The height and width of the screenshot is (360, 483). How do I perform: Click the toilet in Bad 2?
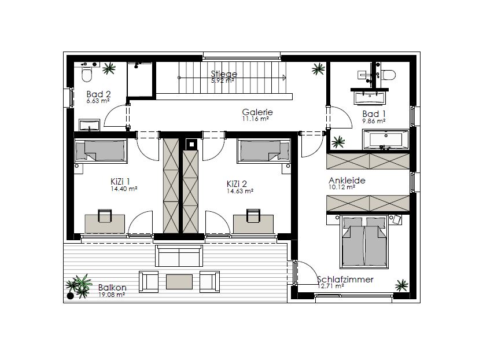pyautogui.click(x=87, y=74)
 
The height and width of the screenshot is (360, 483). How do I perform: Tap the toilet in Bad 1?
pyautogui.click(x=389, y=75)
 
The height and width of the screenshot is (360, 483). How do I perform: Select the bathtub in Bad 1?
pyautogui.click(x=386, y=140)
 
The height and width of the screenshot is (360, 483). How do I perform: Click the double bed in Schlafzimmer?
pyautogui.click(x=364, y=243)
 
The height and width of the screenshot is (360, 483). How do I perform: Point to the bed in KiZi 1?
pyautogui.click(x=101, y=150)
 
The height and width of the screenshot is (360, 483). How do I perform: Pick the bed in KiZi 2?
pyautogui.click(x=264, y=150)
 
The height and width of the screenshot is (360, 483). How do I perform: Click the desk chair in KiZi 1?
pyautogui.click(x=105, y=216)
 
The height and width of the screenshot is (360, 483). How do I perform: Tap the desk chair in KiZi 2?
pyautogui.click(x=253, y=216)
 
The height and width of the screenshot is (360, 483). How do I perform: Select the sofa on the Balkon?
pyautogui.click(x=179, y=255)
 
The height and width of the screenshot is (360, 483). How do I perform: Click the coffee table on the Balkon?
pyautogui.click(x=179, y=282)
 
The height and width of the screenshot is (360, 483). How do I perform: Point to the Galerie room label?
pyautogui.click(x=257, y=112)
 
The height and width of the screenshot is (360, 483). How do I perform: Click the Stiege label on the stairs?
pyautogui.click(x=224, y=74)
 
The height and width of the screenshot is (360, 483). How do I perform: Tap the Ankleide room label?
pyautogui.click(x=347, y=181)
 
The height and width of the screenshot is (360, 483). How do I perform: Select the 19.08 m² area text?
pyautogui.click(x=112, y=295)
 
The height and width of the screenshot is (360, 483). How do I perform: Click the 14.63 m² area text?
pyautogui.click(x=240, y=191)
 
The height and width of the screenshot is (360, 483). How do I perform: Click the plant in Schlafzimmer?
pyautogui.click(x=401, y=285)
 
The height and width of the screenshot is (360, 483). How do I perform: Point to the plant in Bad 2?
pyautogui.click(x=109, y=68)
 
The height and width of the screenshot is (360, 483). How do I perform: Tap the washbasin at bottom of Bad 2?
pyautogui.click(x=89, y=125)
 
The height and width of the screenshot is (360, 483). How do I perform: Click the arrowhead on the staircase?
pyautogui.click(x=284, y=78)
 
